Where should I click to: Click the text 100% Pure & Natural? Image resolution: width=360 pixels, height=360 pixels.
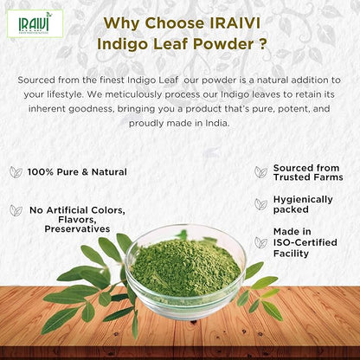coord(76,172)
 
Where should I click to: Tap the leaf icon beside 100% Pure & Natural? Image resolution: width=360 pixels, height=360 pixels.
coord(16,172)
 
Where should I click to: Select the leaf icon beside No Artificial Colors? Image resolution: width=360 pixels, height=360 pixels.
coord(16,210)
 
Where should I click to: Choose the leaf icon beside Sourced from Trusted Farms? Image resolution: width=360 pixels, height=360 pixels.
coord(259,171)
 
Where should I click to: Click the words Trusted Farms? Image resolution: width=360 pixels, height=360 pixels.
coord(308,177)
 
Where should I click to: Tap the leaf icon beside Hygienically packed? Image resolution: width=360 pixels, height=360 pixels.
coord(259,203)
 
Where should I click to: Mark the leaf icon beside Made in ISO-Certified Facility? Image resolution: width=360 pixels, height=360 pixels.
coord(259,242)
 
